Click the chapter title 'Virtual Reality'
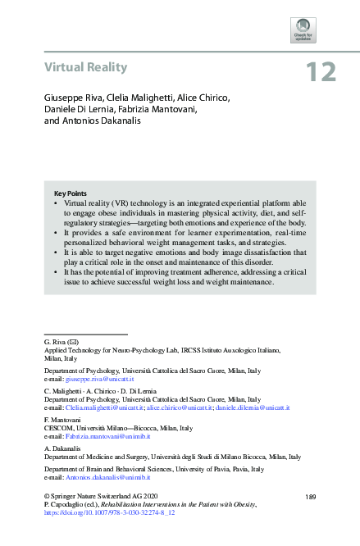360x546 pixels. [85, 67]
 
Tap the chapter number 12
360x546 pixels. [321, 73]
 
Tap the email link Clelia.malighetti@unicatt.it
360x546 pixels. [104, 407]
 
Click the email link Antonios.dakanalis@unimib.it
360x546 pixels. [107, 476]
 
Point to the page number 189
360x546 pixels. [310, 497]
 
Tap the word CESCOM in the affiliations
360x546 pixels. [58, 427]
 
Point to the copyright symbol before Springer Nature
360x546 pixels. [47, 497]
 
